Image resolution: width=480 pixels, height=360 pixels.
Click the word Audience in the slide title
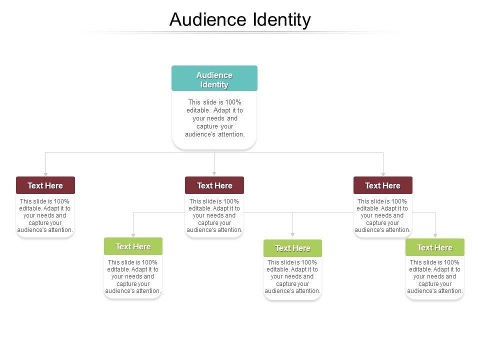(x=208, y=20)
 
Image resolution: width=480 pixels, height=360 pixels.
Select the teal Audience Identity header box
(x=214, y=78)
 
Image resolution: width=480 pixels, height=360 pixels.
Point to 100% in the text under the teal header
(x=233, y=102)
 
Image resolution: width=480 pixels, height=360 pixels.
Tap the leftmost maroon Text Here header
(x=45, y=185)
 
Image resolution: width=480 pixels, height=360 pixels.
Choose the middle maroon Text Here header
(x=214, y=185)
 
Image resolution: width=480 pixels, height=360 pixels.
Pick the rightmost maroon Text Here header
(x=383, y=185)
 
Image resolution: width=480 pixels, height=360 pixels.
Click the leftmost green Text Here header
(x=133, y=246)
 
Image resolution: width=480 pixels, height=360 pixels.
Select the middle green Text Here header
(x=292, y=248)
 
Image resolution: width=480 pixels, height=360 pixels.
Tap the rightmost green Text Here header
(x=435, y=247)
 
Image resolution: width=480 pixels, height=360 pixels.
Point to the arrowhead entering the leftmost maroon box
(x=45, y=174)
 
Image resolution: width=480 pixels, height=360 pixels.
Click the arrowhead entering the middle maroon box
(x=214, y=174)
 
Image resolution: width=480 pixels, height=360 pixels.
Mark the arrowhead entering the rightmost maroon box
(x=383, y=174)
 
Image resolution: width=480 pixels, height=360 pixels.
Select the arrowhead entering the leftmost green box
(x=133, y=235)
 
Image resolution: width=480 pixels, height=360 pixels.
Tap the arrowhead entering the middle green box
(x=292, y=235)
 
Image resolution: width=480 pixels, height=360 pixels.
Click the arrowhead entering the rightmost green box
(x=435, y=235)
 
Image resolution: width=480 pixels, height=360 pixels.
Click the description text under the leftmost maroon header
(x=45, y=215)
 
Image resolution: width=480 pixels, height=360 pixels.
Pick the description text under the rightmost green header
(x=435, y=276)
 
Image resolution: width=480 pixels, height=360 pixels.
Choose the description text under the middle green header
(x=292, y=276)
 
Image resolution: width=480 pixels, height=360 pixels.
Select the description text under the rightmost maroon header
(x=383, y=215)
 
